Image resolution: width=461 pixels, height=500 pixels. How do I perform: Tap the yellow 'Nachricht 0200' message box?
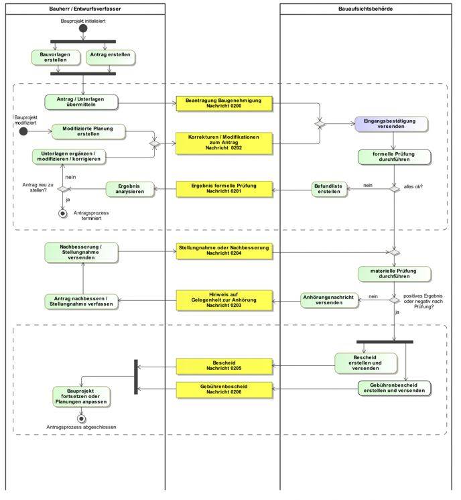coord(224,103)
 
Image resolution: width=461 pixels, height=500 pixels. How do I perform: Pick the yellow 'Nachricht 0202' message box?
coord(224,143)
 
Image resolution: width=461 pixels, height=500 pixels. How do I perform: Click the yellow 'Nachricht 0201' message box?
coord(224,188)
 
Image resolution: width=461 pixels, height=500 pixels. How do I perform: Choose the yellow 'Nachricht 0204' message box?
coord(224,251)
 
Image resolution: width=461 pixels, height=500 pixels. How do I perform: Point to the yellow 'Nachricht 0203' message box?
coord(224,298)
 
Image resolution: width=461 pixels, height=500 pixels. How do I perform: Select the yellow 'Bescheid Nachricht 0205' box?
coord(224,366)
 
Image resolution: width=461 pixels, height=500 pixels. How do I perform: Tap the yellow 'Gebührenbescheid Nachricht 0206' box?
coord(224,389)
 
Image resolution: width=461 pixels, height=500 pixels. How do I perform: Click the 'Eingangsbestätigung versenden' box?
coord(391,124)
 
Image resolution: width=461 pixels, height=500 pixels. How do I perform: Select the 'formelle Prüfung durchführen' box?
coord(393,157)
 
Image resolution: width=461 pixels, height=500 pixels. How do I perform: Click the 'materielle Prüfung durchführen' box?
coord(393,273)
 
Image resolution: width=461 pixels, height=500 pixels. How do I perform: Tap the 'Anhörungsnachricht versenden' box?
coord(328,300)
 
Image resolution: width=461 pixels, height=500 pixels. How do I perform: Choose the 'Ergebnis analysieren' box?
coord(129,189)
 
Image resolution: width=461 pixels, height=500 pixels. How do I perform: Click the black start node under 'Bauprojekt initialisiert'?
coord(83,29)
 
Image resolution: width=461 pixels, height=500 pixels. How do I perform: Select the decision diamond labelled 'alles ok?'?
coord(395,189)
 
